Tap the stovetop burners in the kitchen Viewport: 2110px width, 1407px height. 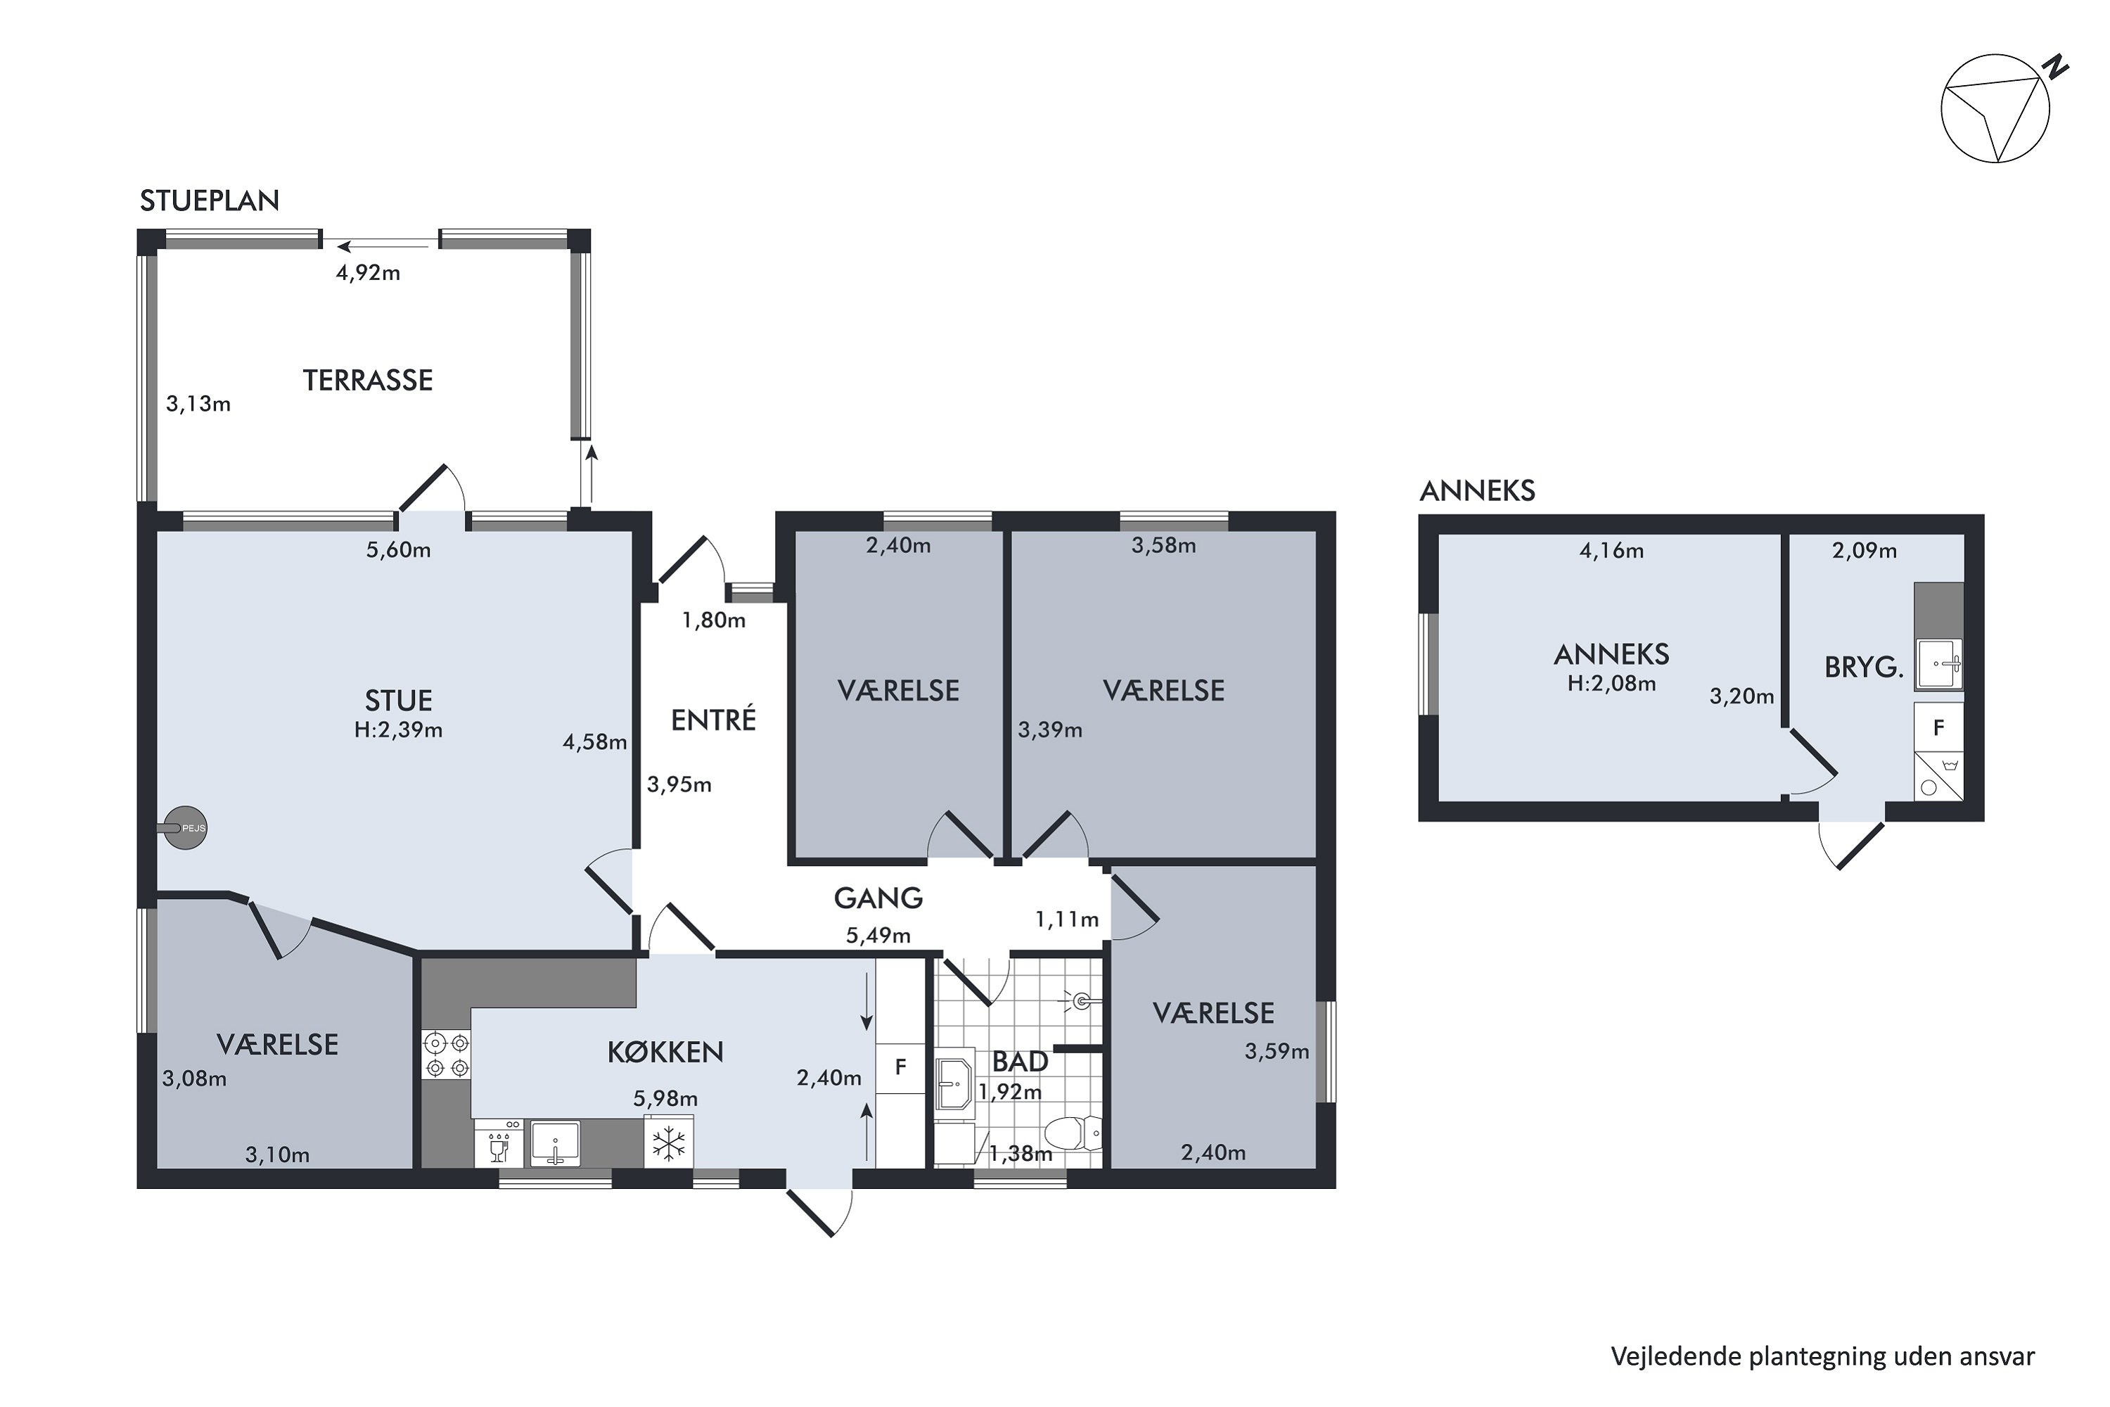(447, 1055)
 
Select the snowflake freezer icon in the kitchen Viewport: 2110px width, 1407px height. (668, 1142)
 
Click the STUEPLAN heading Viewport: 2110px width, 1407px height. (209, 200)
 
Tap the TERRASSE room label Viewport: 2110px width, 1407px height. (368, 381)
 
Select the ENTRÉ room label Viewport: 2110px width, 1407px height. (713, 720)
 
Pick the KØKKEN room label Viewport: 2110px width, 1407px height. (665, 1052)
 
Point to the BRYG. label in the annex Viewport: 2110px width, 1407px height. (1863, 668)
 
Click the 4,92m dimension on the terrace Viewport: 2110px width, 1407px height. (368, 273)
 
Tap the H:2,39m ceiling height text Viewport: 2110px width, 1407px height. (398, 730)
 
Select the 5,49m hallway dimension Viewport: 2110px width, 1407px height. (878, 936)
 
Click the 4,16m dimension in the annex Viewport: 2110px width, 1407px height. (1611, 551)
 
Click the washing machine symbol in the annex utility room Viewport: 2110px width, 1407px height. (1938, 776)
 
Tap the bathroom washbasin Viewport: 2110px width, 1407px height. (954, 1084)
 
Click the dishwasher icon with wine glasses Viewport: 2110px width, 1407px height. (498, 1142)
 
